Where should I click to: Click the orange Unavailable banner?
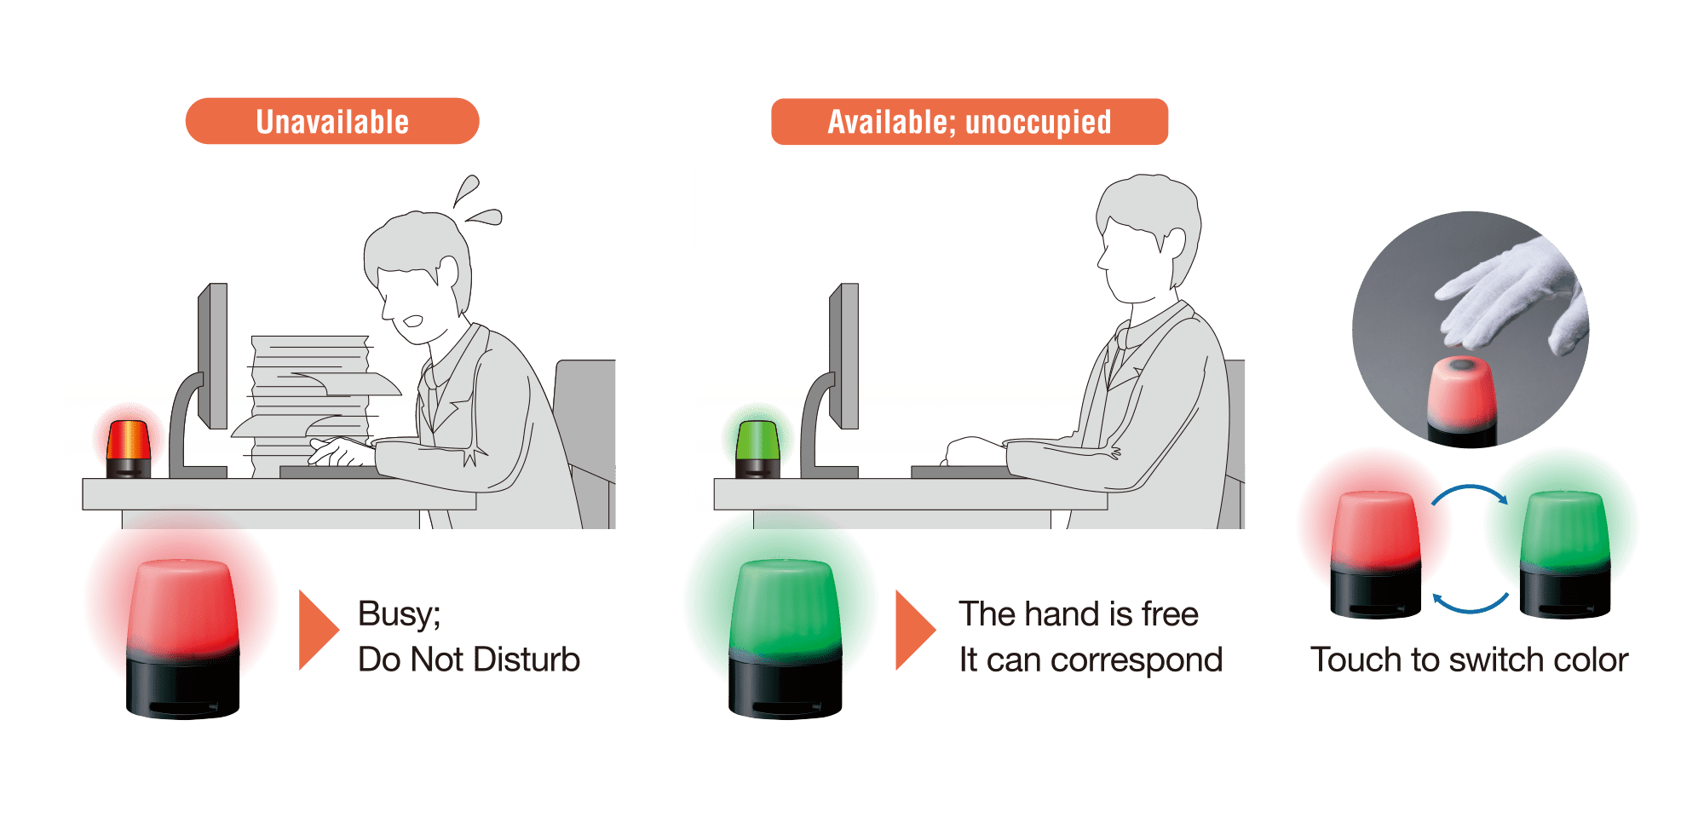(332, 121)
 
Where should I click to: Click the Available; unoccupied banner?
(969, 121)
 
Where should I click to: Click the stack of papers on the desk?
(311, 400)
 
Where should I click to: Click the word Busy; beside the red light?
(399, 613)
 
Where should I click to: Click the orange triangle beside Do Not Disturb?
(317, 630)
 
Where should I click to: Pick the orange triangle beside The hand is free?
(913, 630)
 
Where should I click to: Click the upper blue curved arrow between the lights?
(1469, 491)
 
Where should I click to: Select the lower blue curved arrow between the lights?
(1469, 606)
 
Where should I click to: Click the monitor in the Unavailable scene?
(213, 356)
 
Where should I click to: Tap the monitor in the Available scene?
(844, 356)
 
